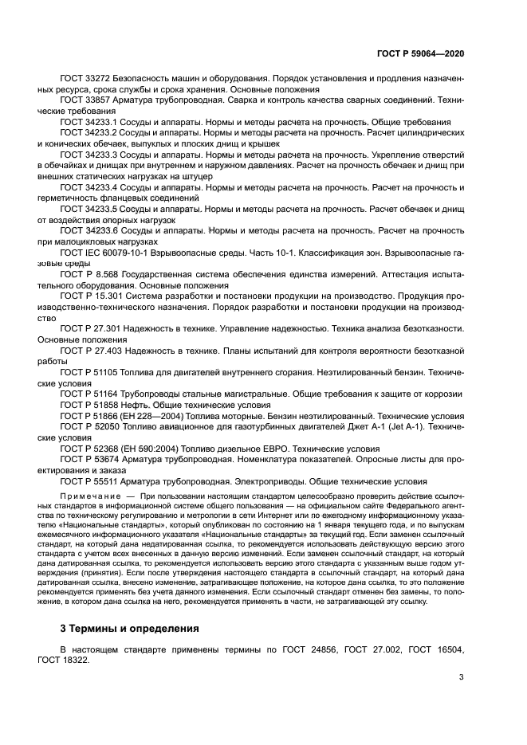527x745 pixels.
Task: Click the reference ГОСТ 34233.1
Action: (89, 122)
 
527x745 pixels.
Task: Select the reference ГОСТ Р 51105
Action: (91, 371)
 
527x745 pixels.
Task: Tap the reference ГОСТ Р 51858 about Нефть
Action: (91, 404)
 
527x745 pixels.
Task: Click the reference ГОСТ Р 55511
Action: (91, 481)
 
